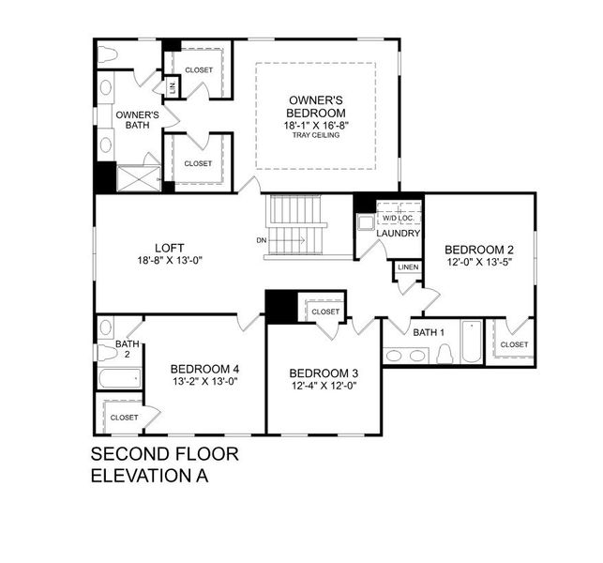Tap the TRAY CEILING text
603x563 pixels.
314,135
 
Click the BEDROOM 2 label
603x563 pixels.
479,250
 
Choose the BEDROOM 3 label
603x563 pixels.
324,373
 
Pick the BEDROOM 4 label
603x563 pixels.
204,369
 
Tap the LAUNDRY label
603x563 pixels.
399,234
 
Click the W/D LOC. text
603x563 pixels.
399,219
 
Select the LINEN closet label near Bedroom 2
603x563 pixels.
407,267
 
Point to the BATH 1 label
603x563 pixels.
430,332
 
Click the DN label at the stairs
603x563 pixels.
262,240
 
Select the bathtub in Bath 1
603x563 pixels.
472,342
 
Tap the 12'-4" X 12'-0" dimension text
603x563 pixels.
324,387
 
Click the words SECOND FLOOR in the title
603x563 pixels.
164,455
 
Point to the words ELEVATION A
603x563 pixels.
148,476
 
